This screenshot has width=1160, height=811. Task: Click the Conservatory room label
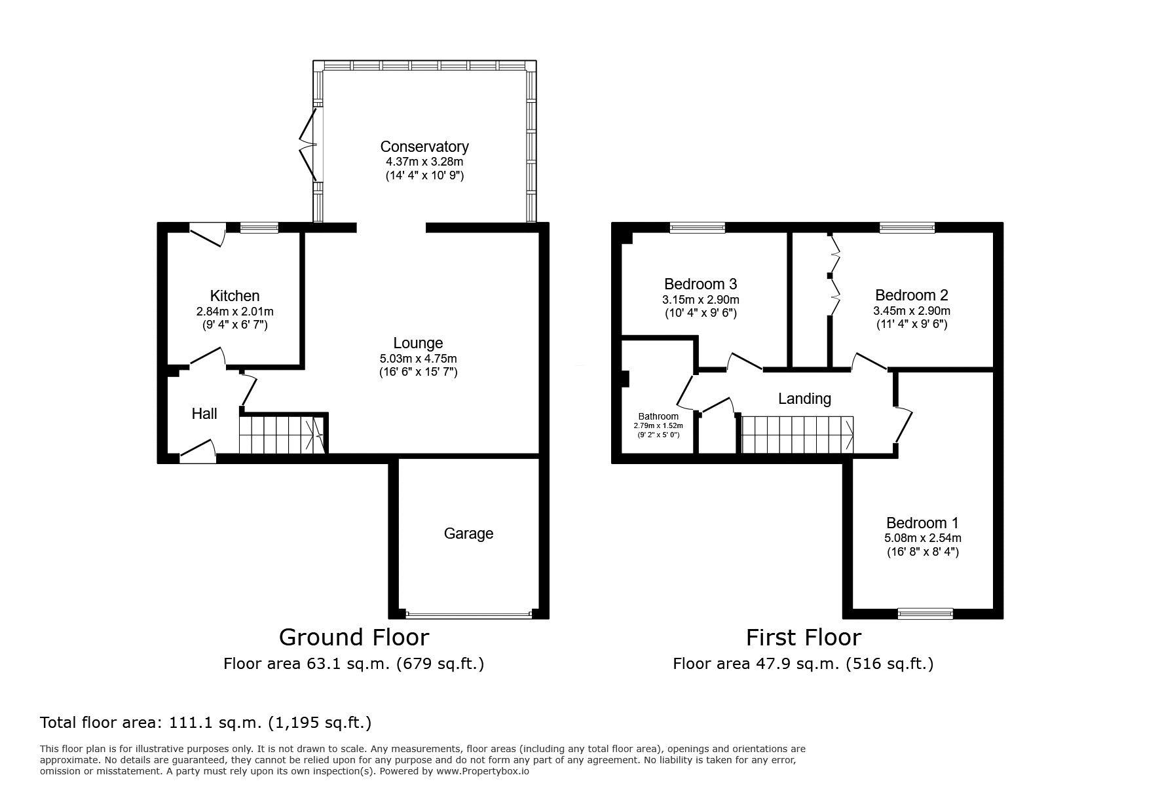pyautogui.click(x=424, y=147)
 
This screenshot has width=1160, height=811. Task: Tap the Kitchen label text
pyautogui.click(x=234, y=296)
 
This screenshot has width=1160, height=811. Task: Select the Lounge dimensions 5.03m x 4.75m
pyautogui.click(x=418, y=359)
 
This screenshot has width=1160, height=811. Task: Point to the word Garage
pyautogui.click(x=468, y=533)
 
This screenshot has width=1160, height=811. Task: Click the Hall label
pyautogui.click(x=204, y=414)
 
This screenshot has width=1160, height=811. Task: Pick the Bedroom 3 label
pyautogui.click(x=700, y=284)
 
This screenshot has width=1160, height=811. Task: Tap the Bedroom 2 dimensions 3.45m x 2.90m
pyautogui.click(x=911, y=311)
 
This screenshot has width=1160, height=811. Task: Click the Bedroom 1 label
pyautogui.click(x=922, y=523)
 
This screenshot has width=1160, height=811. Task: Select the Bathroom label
pyautogui.click(x=658, y=416)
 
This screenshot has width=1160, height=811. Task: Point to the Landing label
pyautogui.click(x=804, y=398)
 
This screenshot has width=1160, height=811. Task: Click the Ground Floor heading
pyautogui.click(x=354, y=637)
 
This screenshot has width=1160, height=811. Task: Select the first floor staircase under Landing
pyautogui.click(x=797, y=434)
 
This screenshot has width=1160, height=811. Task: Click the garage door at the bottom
pyautogui.click(x=468, y=615)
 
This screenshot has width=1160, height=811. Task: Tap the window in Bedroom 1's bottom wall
pyautogui.click(x=925, y=613)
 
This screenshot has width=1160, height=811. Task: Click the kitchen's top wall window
pyautogui.click(x=259, y=228)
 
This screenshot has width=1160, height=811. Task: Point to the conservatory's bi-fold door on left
pyautogui.click(x=308, y=144)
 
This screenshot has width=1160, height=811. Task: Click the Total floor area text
pyautogui.click(x=206, y=723)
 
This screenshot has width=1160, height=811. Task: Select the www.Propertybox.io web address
pyautogui.click(x=483, y=771)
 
